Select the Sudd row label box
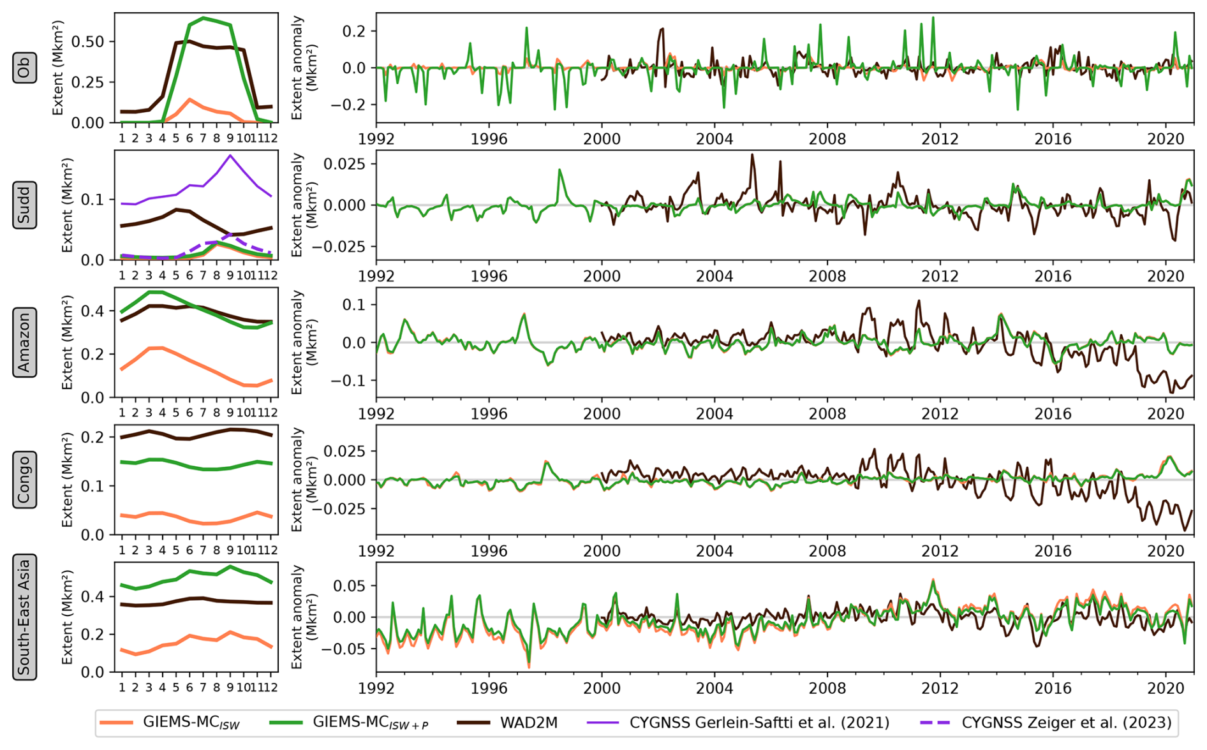click(24, 205)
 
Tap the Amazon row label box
click(24, 342)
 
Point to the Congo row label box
click(24, 480)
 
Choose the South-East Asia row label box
click(24, 617)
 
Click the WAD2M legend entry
click(508, 723)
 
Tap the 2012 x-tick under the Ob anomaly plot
click(940, 139)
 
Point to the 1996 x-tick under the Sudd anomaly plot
click(489, 276)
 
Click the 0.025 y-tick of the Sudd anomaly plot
click(344, 164)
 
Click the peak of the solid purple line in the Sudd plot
click(230, 155)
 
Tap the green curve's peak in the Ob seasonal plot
click(203, 18)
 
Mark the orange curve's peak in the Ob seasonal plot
click(189, 99)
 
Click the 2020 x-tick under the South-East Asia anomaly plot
click(1165, 688)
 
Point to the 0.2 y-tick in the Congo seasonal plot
click(96, 437)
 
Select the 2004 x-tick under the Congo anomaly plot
click(715, 550)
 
